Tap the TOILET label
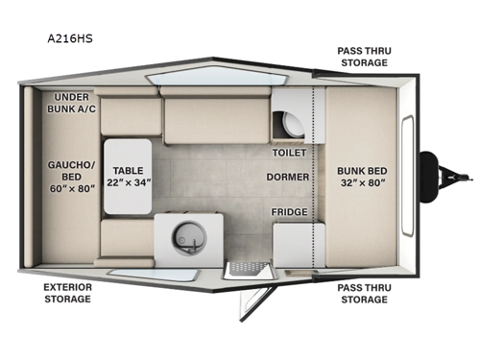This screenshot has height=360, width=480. click(289, 152)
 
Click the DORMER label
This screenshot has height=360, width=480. click(289, 177)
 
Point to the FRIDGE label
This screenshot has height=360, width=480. click(289, 211)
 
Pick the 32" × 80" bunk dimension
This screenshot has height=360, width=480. click(361, 183)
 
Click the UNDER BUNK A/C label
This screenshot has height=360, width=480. click(73, 104)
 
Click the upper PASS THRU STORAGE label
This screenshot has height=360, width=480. click(362, 56)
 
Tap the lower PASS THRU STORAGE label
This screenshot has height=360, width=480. click(362, 293)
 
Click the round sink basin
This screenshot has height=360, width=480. click(184, 236)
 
